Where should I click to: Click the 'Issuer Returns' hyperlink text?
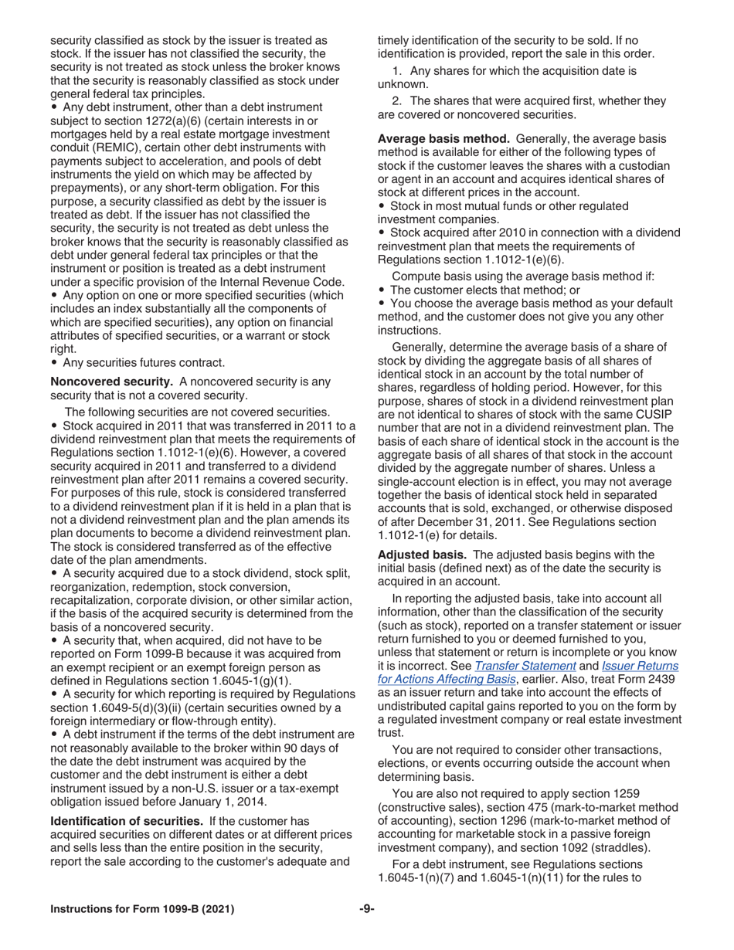click(x=640, y=666)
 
